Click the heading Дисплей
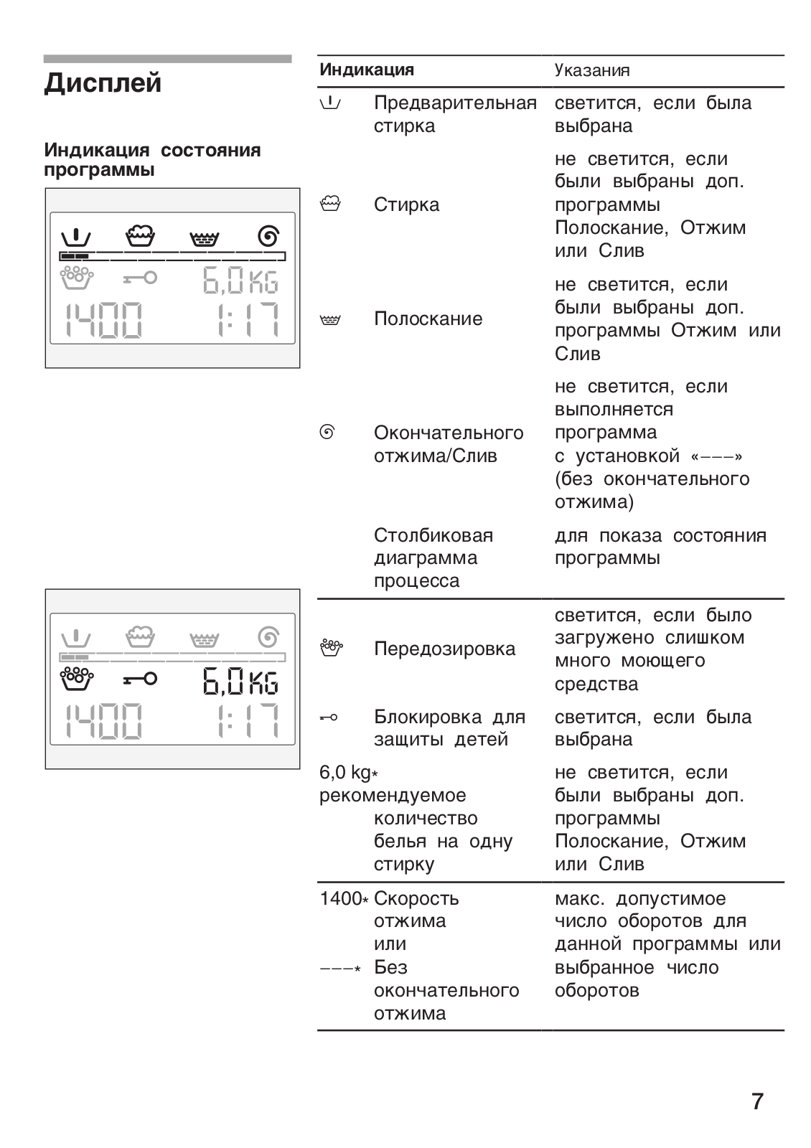click(x=103, y=83)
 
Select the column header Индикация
click(x=366, y=70)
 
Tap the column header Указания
click(x=592, y=70)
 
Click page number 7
click(x=757, y=1101)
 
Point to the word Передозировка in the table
click(x=444, y=649)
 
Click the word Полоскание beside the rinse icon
click(x=428, y=319)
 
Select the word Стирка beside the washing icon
click(x=406, y=204)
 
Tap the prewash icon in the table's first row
click(x=330, y=103)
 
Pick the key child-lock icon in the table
click(x=329, y=717)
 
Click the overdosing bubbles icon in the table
click(x=330, y=648)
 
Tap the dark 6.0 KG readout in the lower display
click(x=240, y=681)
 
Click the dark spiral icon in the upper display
click(x=268, y=235)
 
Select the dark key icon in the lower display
click(x=139, y=678)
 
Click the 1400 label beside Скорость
click(x=340, y=898)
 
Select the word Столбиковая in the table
click(x=433, y=535)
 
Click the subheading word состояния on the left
click(x=210, y=150)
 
